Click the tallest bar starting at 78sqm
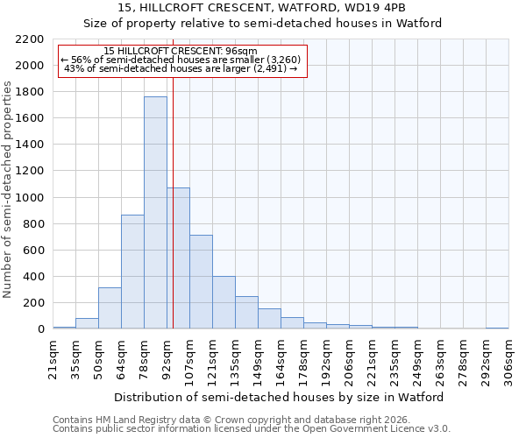coord(155,213)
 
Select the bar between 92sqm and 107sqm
coord(178,258)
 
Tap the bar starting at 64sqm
coord(132,272)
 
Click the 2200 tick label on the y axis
coord(30,39)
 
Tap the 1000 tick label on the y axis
coord(30,198)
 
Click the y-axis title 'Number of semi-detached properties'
coord(9,189)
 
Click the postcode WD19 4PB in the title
coord(373,8)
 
